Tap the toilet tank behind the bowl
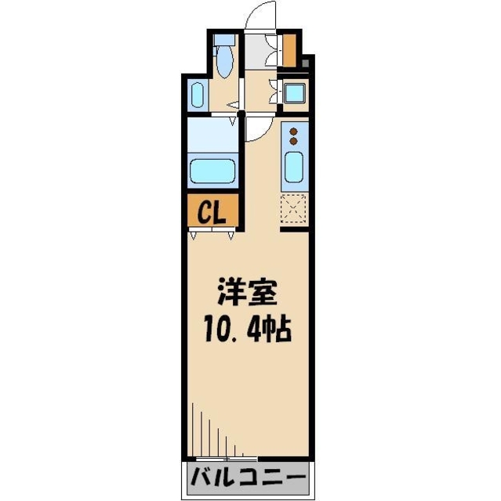tap(226, 40)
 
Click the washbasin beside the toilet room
tap(197, 96)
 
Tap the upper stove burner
tap(294, 132)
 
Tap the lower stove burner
tap(294, 142)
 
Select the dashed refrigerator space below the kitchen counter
tap(295, 208)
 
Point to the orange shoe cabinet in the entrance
tap(289, 49)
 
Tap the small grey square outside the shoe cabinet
tap(307, 63)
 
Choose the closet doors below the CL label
tap(212, 233)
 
